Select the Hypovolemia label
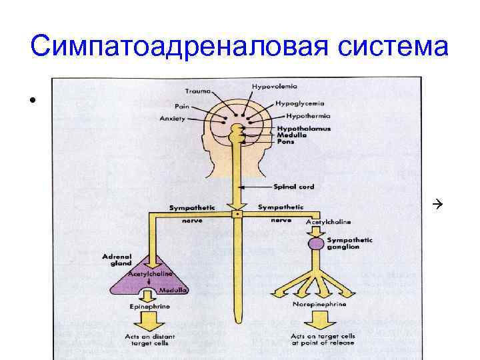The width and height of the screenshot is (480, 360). click(274, 87)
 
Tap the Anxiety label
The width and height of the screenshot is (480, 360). click(173, 119)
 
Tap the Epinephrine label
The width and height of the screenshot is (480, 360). click(148, 306)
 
